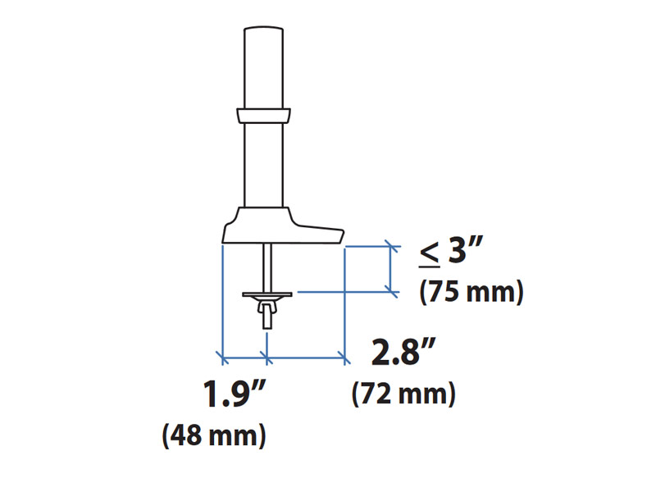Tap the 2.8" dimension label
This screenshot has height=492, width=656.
click(402, 353)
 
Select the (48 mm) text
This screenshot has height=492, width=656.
click(215, 434)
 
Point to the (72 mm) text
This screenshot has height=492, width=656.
click(403, 394)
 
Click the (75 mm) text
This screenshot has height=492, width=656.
click(471, 292)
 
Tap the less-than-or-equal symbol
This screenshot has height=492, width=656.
click(429, 254)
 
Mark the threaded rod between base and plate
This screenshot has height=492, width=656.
click(267, 266)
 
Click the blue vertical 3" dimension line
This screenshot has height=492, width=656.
click(391, 267)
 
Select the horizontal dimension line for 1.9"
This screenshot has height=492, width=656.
click(244, 357)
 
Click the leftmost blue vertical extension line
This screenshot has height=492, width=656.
click(221, 299)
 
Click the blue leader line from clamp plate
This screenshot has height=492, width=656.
click(344, 290)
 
